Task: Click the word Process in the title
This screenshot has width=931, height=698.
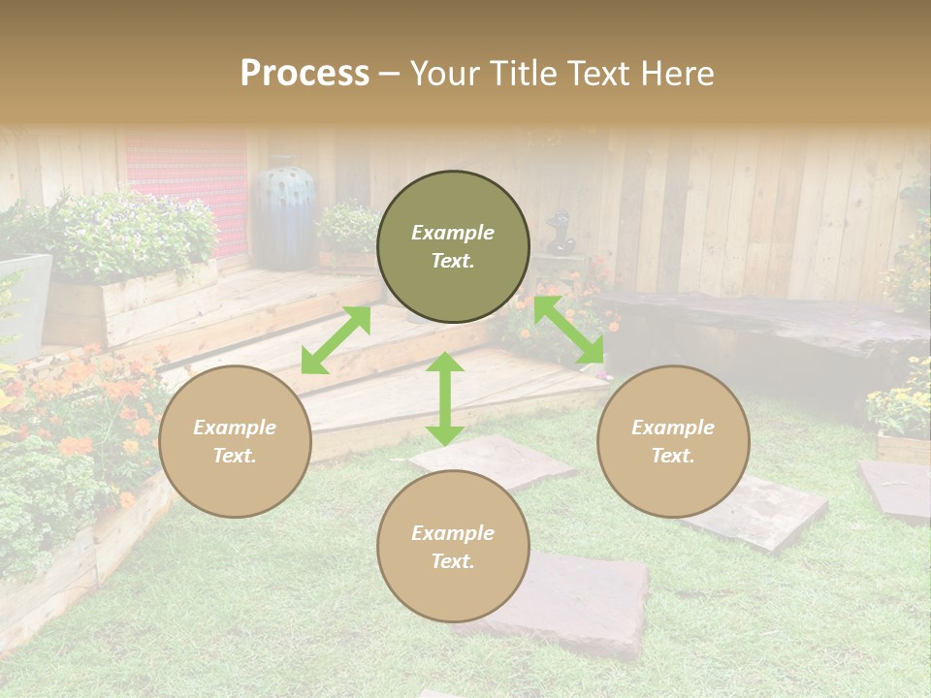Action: [305, 74]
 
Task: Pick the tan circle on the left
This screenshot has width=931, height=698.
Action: [235, 441]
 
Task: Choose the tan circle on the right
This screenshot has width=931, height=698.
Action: [673, 441]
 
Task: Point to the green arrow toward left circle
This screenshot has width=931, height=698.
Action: [336, 340]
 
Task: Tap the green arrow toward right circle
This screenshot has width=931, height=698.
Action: [568, 330]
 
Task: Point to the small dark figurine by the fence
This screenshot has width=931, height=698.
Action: [558, 233]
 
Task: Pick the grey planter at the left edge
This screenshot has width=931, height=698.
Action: [23, 301]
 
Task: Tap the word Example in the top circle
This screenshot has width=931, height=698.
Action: [453, 233]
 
